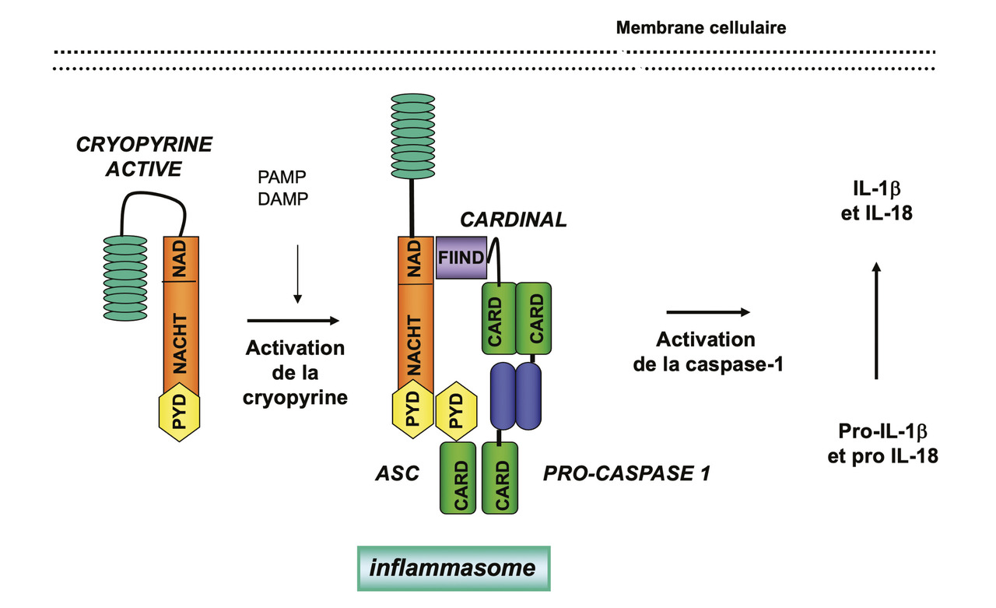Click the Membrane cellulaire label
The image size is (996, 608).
pyautogui.click(x=700, y=28)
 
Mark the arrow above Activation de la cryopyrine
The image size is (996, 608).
pyautogui.click(x=293, y=320)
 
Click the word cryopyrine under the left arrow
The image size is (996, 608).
pyautogui.click(x=295, y=398)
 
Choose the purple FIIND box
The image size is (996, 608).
pyautogui.click(x=461, y=258)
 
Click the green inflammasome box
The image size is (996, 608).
pyautogui.click(x=453, y=568)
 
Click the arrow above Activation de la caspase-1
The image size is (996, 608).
pyautogui.click(x=707, y=312)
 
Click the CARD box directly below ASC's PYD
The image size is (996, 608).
pyautogui.click(x=459, y=477)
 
